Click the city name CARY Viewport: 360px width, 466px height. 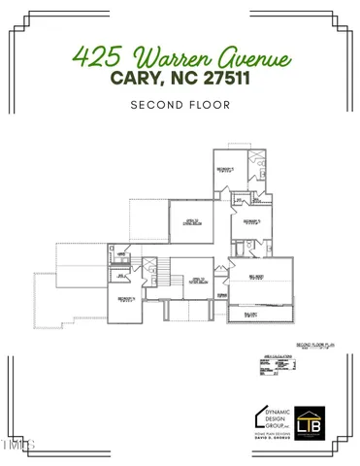(126, 78)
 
